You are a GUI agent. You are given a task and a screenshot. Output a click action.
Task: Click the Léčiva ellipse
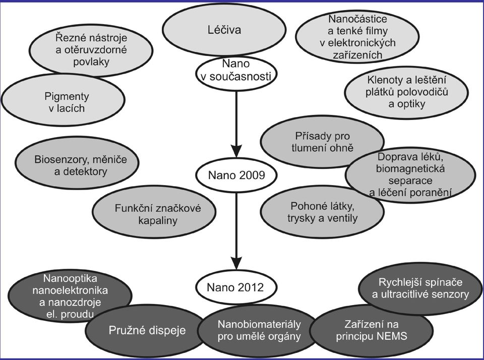pos(224,30)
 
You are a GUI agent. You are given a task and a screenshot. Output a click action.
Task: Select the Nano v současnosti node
pos(236,73)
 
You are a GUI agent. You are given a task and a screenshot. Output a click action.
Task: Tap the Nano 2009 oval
pos(236,175)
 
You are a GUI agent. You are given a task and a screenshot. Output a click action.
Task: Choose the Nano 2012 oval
pos(236,287)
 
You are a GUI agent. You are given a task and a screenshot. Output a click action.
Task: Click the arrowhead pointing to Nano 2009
pos(236,150)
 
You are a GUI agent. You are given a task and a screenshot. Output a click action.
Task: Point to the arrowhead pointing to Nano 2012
pos(236,262)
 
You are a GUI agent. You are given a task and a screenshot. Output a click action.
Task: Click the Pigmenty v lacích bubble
pos(63,100)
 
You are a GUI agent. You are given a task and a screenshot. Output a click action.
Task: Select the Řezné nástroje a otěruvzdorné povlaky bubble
pos(91,50)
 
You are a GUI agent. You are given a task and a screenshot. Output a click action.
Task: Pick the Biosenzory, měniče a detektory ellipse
pos(77,163)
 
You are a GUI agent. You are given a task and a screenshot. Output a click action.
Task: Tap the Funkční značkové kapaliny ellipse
pos(154,212)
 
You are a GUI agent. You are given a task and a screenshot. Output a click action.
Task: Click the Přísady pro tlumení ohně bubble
pos(322,142)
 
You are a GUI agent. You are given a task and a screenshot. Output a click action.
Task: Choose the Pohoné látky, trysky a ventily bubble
pos(322,212)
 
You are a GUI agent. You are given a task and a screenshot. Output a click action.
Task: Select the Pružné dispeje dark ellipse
pos(147,330)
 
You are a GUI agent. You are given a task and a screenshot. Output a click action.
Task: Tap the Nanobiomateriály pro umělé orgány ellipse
pos(259,330)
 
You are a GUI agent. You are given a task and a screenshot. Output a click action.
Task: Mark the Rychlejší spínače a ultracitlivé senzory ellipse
pos(420,289)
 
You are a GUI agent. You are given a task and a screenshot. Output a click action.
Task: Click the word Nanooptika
pos(70,278)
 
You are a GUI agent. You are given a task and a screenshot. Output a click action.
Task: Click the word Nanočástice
pos(357,19)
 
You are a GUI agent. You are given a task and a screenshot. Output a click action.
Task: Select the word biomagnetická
pos(410,169)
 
